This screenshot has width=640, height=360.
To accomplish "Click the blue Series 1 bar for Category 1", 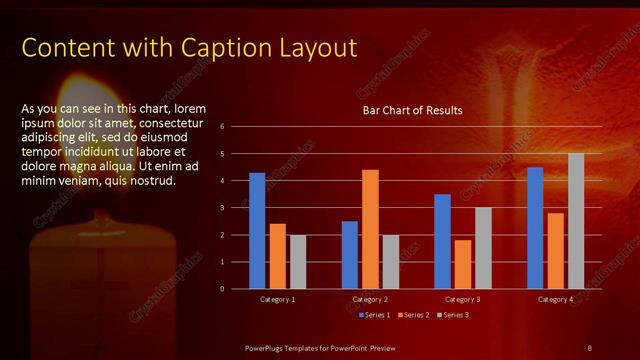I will pyautogui.click(x=257, y=231).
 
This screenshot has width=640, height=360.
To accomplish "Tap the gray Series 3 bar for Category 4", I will pyautogui.click(x=576, y=221).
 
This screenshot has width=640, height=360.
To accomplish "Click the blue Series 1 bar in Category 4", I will pyautogui.click(x=535, y=228).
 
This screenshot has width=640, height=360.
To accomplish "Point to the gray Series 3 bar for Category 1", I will pyautogui.click(x=298, y=262).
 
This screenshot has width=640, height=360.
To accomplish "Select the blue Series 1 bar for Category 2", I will pyautogui.click(x=350, y=255).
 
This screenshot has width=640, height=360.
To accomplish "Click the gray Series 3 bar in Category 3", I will pyautogui.click(x=483, y=248).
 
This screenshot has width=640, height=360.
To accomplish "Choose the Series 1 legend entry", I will pyautogui.click(x=373, y=315).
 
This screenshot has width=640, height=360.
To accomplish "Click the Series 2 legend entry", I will pyautogui.click(x=413, y=315).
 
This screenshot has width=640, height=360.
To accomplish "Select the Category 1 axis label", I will pyautogui.click(x=277, y=299).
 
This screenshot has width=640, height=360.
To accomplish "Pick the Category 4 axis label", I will pyautogui.click(x=555, y=299).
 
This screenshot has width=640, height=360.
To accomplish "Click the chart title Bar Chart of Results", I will pyautogui.click(x=412, y=110).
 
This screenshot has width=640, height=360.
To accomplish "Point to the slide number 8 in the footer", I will pyautogui.click(x=589, y=346).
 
